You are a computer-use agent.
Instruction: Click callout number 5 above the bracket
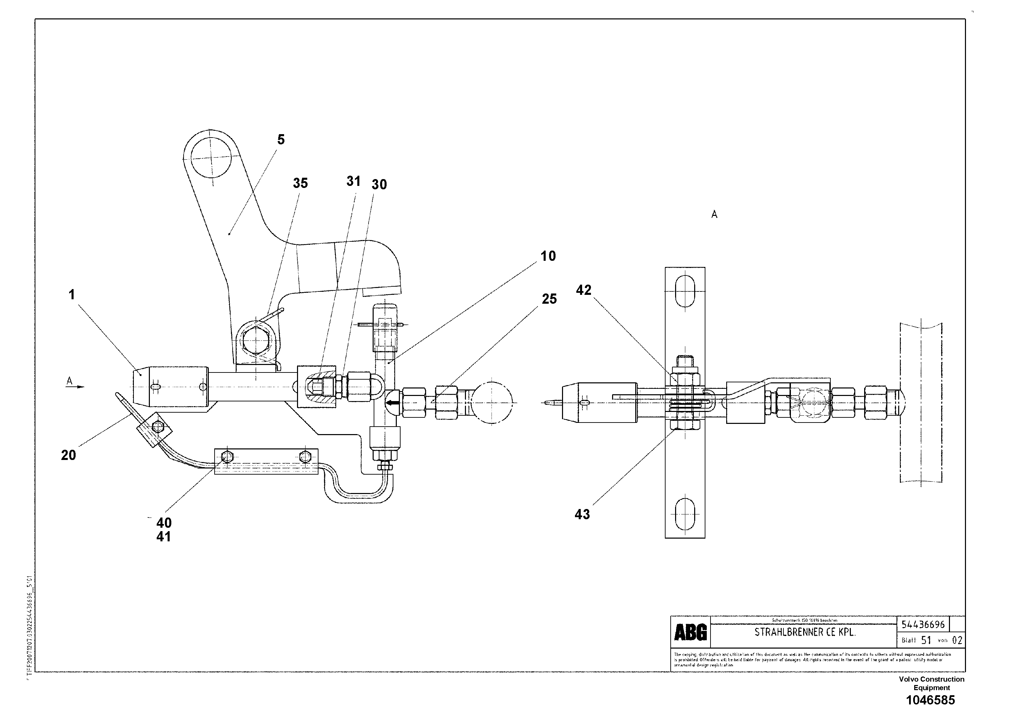point(281,140)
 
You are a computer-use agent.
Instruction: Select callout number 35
point(300,184)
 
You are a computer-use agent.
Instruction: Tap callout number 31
point(353,181)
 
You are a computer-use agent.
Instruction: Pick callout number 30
point(379,185)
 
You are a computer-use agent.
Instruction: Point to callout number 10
point(548,256)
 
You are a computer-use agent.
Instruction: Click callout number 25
point(549,299)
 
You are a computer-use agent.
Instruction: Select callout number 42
point(583,290)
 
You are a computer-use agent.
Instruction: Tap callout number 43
point(582,514)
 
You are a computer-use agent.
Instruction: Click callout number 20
point(68,455)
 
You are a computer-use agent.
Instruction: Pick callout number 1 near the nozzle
point(72,295)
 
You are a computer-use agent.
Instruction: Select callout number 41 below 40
point(163,537)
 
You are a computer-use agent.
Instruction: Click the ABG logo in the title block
point(690,633)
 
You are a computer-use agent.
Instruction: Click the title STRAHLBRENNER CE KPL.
point(805,632)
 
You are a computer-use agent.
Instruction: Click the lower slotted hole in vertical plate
point(685,513)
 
